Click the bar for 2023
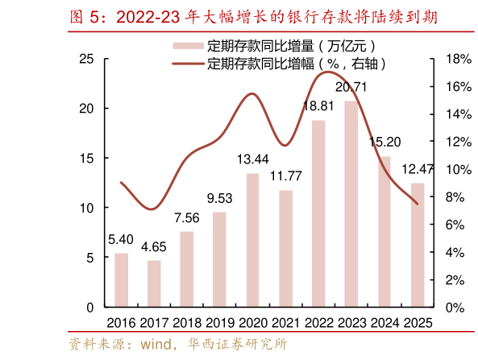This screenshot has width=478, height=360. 351,204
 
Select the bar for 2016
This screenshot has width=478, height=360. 121,280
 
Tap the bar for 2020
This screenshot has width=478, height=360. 252,240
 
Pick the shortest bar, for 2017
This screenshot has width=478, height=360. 154,283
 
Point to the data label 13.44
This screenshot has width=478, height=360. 252,159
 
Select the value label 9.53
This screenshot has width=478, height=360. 219,198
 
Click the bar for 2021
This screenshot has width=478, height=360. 285,249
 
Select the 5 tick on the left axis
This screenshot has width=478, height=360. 90,258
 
